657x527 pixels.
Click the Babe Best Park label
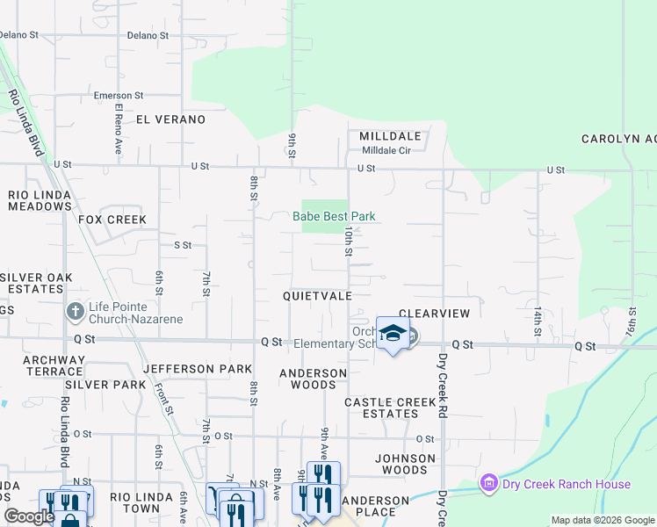click(x=334, y=216)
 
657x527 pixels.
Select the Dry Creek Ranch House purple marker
click(x=488, y=483)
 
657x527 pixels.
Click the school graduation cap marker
click(x=393, y=334)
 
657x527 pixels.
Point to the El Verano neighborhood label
click(x=170, y=119)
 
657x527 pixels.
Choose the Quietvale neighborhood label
click(x=317, y=296)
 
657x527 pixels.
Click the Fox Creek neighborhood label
click(x=112, y=220)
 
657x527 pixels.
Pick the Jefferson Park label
click(x=198, y=369)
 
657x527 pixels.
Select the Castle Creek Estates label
click(x=390, y=408)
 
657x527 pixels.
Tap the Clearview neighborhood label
click(x=434, y=314)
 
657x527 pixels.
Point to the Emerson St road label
click(x=119, y=96)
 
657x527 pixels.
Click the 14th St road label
click(x=537, y=321)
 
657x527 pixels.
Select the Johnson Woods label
click(x=405, y=464)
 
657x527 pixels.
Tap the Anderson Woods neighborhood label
click(x=313, y=379)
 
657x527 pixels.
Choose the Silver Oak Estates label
click(x=36, y=283)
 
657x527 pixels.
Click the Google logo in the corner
click(x=29, y=516)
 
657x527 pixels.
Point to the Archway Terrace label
click(x=54, y=365)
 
